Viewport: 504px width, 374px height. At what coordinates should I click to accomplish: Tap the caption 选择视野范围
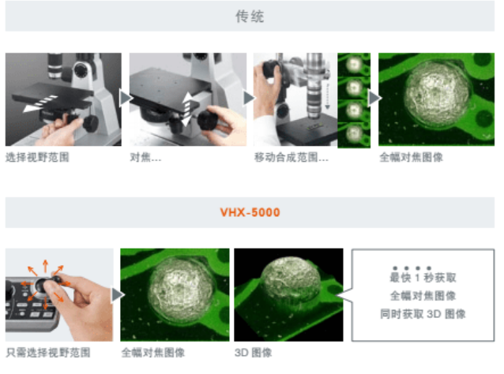tap(37, 157)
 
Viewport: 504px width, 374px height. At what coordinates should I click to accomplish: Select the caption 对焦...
tap(145, 157)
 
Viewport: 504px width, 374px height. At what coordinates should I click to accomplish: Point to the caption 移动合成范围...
tap(291, 157)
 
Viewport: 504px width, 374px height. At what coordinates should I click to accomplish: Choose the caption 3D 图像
tap(253, 353)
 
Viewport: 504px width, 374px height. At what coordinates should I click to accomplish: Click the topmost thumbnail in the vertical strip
tap(353, 63)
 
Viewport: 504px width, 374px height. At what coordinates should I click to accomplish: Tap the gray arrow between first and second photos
tap(125, 97)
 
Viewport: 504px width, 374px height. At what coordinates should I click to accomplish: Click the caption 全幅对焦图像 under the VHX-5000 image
tap(152, 353)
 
